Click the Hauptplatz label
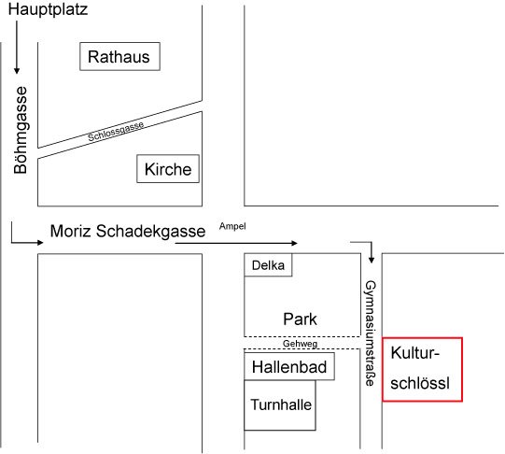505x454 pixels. click(48, 9)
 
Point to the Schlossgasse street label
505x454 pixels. click(116, 132)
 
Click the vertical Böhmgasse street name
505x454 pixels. click(21, 130)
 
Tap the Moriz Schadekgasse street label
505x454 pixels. click(128, 232)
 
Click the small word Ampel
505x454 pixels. click(232, 226)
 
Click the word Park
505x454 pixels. click(300, 319)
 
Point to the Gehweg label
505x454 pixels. click(300, 344)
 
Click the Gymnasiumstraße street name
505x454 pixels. click(371, 333)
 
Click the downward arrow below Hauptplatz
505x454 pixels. click(17, 48)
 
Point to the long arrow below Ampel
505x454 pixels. click(236, 243)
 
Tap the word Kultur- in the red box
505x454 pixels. click(415, 353)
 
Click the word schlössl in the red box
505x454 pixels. click(420, 383)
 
